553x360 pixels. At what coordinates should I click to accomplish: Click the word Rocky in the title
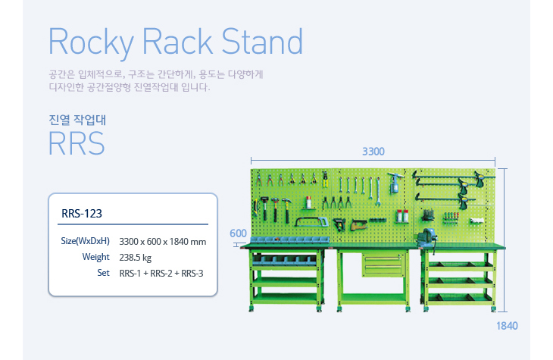[88, 42]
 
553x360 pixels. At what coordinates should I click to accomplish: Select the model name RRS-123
[81, 214]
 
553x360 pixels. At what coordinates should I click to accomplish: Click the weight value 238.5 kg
[136, 257]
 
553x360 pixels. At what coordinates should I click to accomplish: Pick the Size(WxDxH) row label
[85, 241]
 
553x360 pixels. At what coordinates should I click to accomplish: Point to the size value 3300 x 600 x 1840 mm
[163, 242]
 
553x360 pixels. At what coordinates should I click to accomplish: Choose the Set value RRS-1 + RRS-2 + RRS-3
[161, 273]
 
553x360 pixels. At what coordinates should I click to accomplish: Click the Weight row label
[96, 257]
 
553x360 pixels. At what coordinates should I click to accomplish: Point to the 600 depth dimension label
[239, 233]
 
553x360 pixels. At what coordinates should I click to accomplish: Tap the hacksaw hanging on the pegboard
[311, 222]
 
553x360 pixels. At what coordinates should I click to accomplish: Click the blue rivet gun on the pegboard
[396, 183]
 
